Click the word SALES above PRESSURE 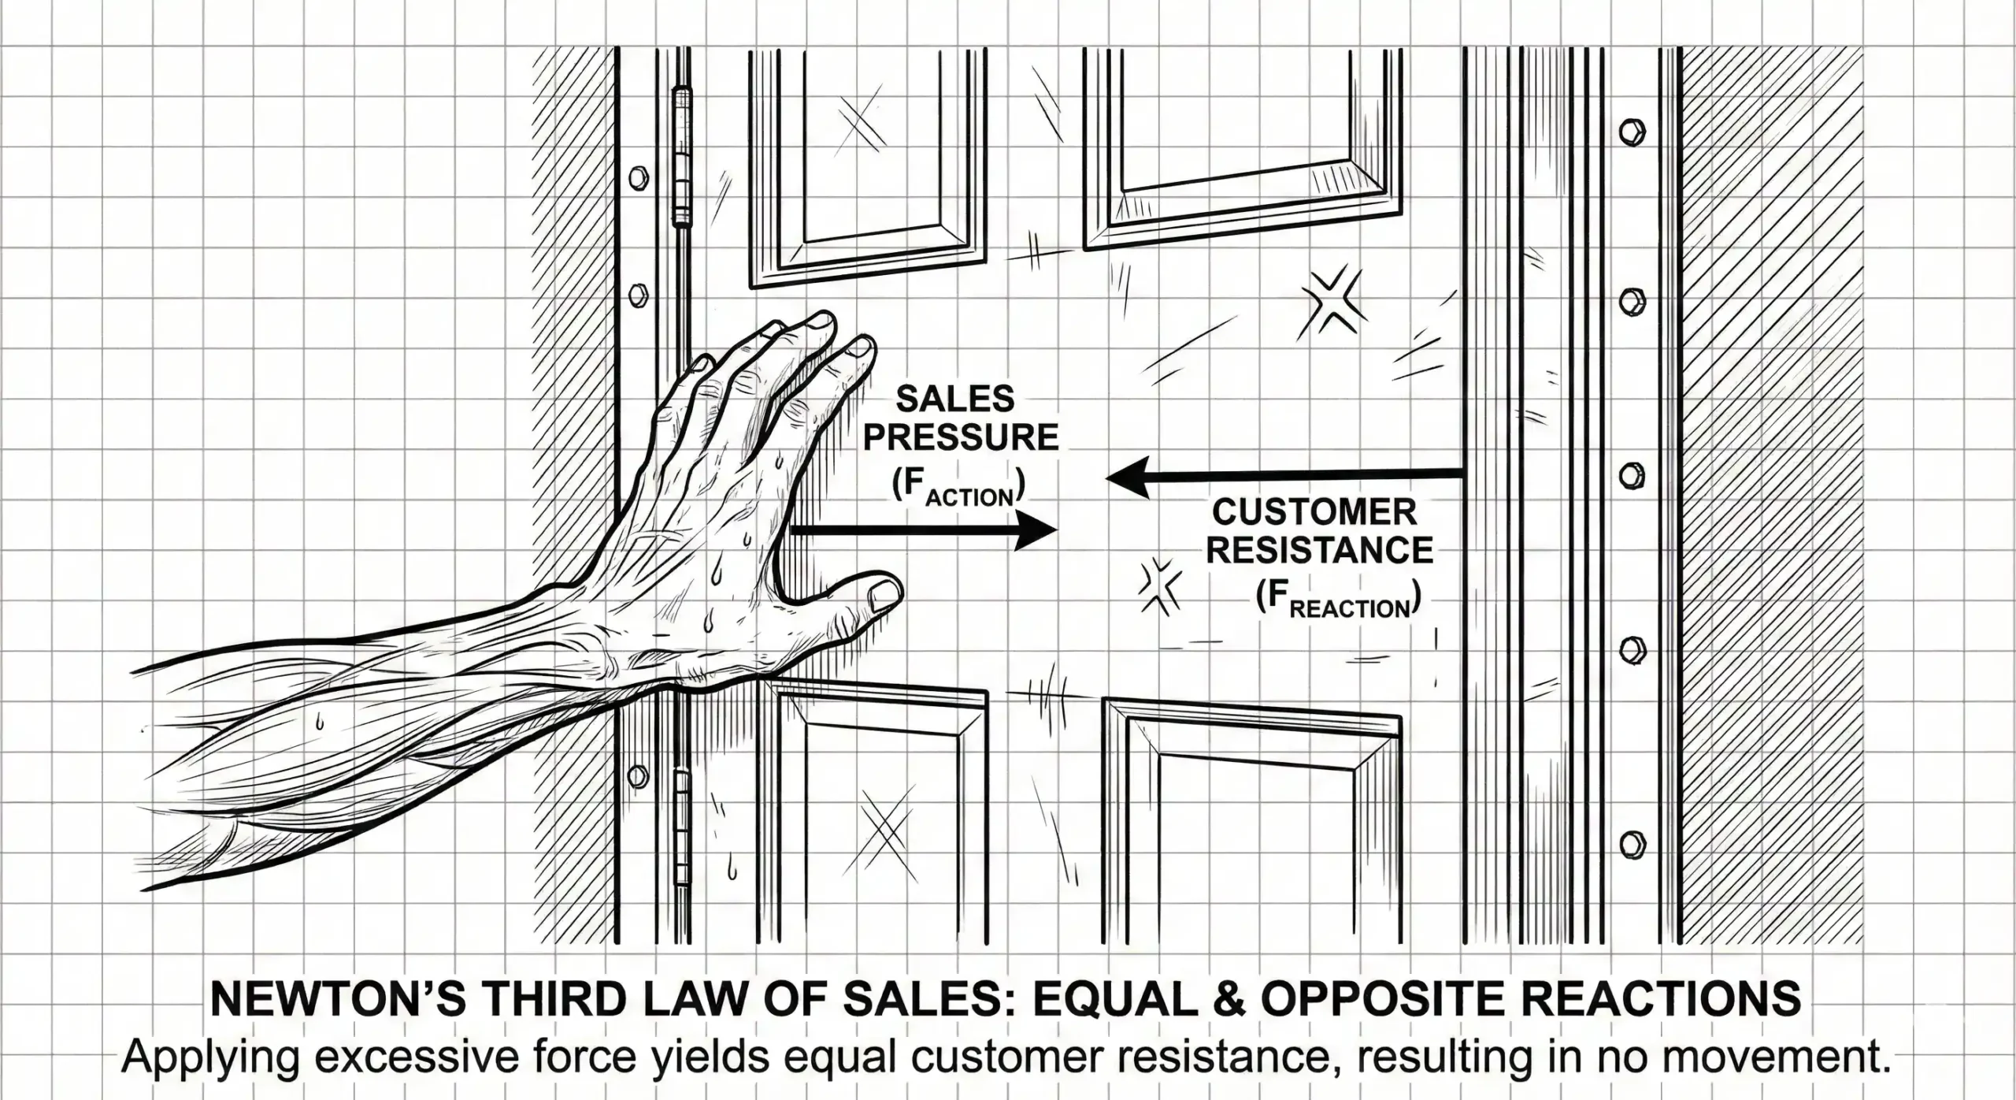click(956, 399)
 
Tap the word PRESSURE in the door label click(962, 437)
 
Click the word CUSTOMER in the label click(1314, 512)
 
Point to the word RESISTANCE click(1320, 550)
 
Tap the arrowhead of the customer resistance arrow click(1128, 477)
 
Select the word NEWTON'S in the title click(332, 998)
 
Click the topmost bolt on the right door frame click(1631, 132)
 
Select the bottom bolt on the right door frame click(1631, 845)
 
